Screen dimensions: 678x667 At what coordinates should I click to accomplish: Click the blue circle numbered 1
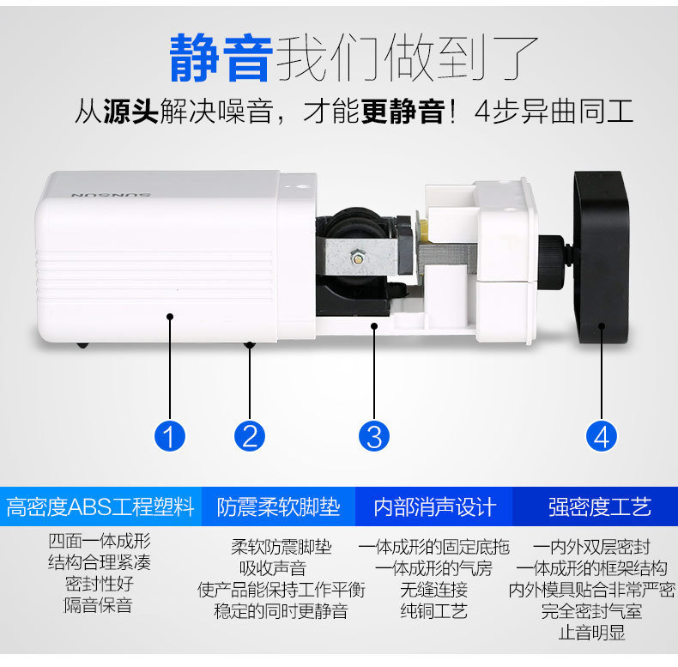click(x=170, y=436)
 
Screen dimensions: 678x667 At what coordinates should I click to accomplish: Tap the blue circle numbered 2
click(x=250, y=436)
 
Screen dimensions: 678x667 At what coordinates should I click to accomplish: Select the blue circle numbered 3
click(x=374, y=436)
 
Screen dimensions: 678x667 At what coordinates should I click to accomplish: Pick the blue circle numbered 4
click(x=602, y=436)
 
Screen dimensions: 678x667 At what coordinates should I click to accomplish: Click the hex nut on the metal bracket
click(x=358, y=258)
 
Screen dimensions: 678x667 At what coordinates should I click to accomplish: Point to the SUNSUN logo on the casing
click(x=111, y=196)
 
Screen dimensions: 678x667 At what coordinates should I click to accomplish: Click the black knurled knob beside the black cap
click(x=552, y=263)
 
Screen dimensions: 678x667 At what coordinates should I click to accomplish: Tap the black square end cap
click(x=602, y=258)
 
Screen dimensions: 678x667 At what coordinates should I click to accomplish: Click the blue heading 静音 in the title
click(x=221, y=58)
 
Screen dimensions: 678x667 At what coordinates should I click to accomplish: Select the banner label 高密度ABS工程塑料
click(x=100, y=507)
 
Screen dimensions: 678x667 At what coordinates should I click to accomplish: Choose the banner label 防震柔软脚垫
click(x=278, y=507)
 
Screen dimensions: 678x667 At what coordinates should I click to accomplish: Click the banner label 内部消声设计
click(x=434, y=507)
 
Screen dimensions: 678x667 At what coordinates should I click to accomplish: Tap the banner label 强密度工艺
click(x=600, y=507)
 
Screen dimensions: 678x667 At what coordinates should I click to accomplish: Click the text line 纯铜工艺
click(x=433, y=611)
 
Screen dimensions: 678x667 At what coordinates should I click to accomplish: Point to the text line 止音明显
click(x=592, y=633)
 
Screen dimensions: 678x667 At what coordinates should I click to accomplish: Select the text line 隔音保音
click(x=98, y=605)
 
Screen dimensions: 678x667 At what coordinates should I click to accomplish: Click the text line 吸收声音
click(x=273, y=568)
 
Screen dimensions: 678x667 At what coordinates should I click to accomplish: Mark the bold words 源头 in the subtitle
click(x=130, y=112)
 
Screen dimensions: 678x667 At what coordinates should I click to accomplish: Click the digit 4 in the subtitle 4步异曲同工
click(x=482, y=112)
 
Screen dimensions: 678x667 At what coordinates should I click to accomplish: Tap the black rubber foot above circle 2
click(x=250, y=345)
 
